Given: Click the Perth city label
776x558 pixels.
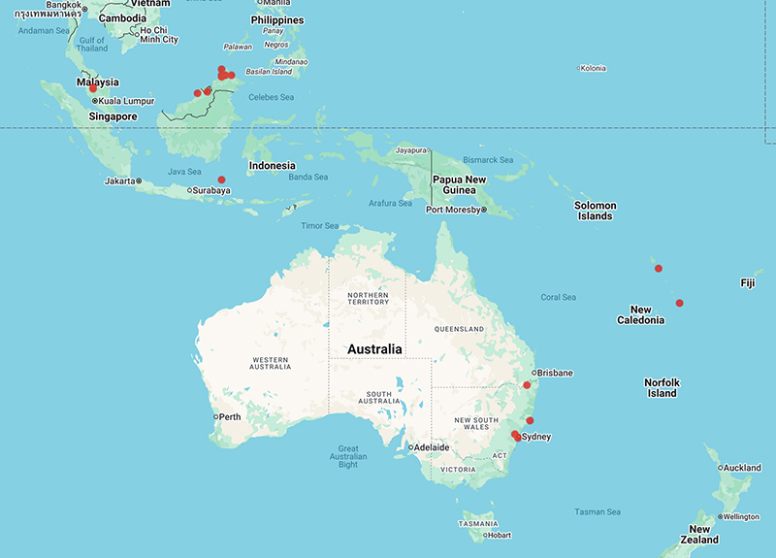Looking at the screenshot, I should (x=231, y=417).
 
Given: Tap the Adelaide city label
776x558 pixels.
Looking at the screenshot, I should (x=431, y=447).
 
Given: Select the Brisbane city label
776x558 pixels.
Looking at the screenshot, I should (x=555, y=373).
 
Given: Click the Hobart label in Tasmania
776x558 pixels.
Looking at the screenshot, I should (x=499, y=535).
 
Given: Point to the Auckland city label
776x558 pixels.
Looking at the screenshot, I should (x=743, y=468).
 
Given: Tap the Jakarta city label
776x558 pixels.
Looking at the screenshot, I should (x=120, y=181).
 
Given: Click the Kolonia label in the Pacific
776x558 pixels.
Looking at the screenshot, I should (x=593, y=68).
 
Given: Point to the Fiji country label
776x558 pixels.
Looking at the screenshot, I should (x=747, y=283).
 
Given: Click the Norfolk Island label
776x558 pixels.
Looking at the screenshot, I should (x=661, y=388).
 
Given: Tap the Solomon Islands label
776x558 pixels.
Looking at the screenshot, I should (x=595, y=211).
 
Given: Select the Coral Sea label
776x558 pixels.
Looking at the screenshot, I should (x=559, y=297).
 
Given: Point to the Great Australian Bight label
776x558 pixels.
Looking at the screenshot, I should (x=347, y=456).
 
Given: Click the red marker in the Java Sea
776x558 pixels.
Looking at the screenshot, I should (x=221, y=180).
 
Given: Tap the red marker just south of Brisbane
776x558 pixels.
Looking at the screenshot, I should (x=527, y=385).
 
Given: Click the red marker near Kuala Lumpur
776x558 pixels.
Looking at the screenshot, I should (x=93, y=88).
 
